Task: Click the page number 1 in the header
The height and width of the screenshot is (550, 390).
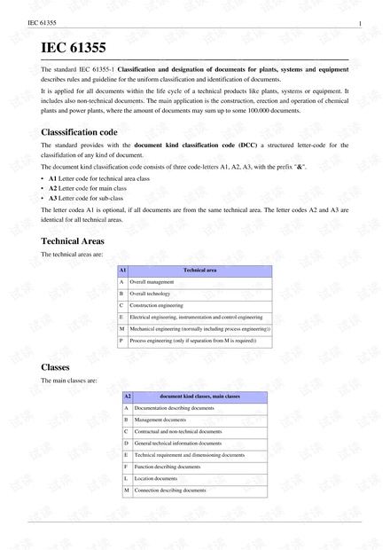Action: tap(358, 22)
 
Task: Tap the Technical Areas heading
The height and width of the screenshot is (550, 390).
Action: tap(73, 240)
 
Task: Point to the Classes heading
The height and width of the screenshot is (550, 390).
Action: tap(55, 366)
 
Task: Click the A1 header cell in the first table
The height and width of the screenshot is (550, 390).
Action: tap(122, 269)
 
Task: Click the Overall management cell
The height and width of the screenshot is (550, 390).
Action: tap(152, 281)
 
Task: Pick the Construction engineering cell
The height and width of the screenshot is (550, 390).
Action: tap(156, 304)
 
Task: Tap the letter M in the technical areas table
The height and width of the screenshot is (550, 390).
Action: tap(121, 328)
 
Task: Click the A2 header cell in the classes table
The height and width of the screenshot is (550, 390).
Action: tap(127, 396)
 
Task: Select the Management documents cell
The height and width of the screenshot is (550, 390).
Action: tap(160, 420)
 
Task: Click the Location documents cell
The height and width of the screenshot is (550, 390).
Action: tap(156, 478)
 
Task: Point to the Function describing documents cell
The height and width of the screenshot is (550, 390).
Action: tap(168, 467)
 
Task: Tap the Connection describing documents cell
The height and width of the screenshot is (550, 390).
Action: tap(170, 490)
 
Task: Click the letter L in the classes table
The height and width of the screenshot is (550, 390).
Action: tap(126, 478)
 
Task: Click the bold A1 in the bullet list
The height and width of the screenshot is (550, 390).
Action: tap(53, 178)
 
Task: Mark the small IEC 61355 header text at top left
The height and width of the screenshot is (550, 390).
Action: tap(42, 22)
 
